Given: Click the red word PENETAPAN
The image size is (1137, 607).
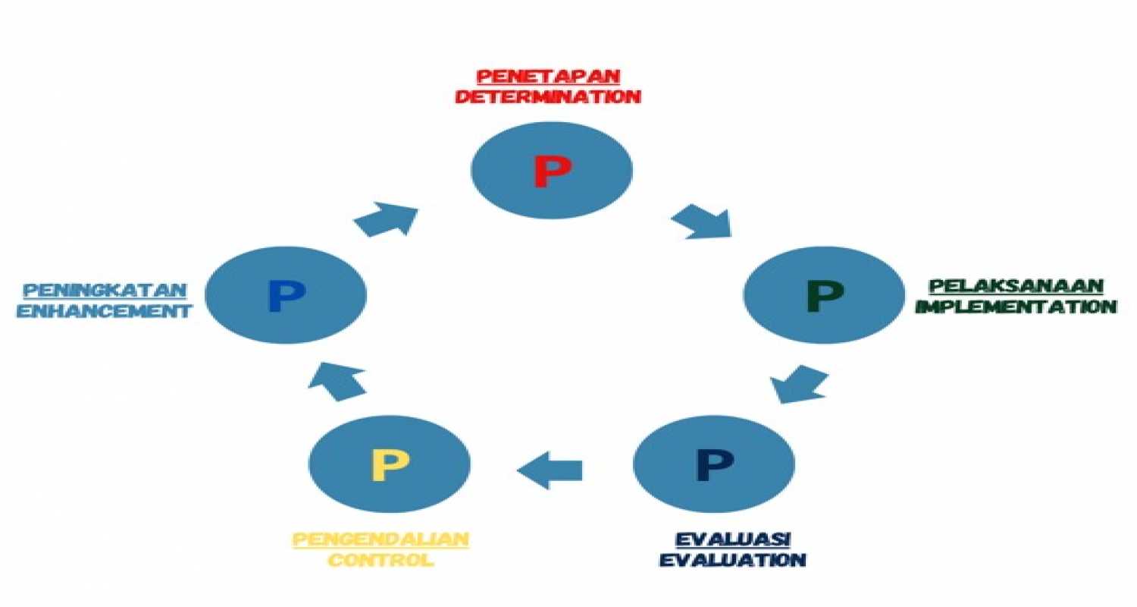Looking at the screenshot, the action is (549, 76).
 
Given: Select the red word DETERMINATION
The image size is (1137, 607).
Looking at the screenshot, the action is (548, 96).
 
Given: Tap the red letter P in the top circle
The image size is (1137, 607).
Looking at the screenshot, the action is (553, 171).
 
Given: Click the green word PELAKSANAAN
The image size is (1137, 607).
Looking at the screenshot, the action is (1016, 286).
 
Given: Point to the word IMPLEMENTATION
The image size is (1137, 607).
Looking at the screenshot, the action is (1016, 307).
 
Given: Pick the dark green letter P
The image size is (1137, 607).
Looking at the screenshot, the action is (825, 296).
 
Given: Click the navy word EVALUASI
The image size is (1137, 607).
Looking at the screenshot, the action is (733, 539).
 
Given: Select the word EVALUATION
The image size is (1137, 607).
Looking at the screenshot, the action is (733, 560).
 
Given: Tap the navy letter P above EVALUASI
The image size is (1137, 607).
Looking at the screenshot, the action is (716, 464).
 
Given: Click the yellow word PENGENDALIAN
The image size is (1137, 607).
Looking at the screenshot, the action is (381, 539).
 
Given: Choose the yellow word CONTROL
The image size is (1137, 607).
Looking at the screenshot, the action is (381, 560).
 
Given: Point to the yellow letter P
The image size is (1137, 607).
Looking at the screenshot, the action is (390, 464).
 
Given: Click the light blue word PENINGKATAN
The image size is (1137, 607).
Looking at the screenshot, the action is (105, 291).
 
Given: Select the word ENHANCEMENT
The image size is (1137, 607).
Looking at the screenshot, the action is (105, 311).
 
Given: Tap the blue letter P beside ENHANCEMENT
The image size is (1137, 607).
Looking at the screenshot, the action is (287, 296).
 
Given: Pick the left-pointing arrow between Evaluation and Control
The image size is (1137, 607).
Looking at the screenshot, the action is (550, 470).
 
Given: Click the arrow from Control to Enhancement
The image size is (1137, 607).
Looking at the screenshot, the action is (337, 381).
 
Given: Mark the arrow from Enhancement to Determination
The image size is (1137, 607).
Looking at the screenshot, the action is (386, 219).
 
